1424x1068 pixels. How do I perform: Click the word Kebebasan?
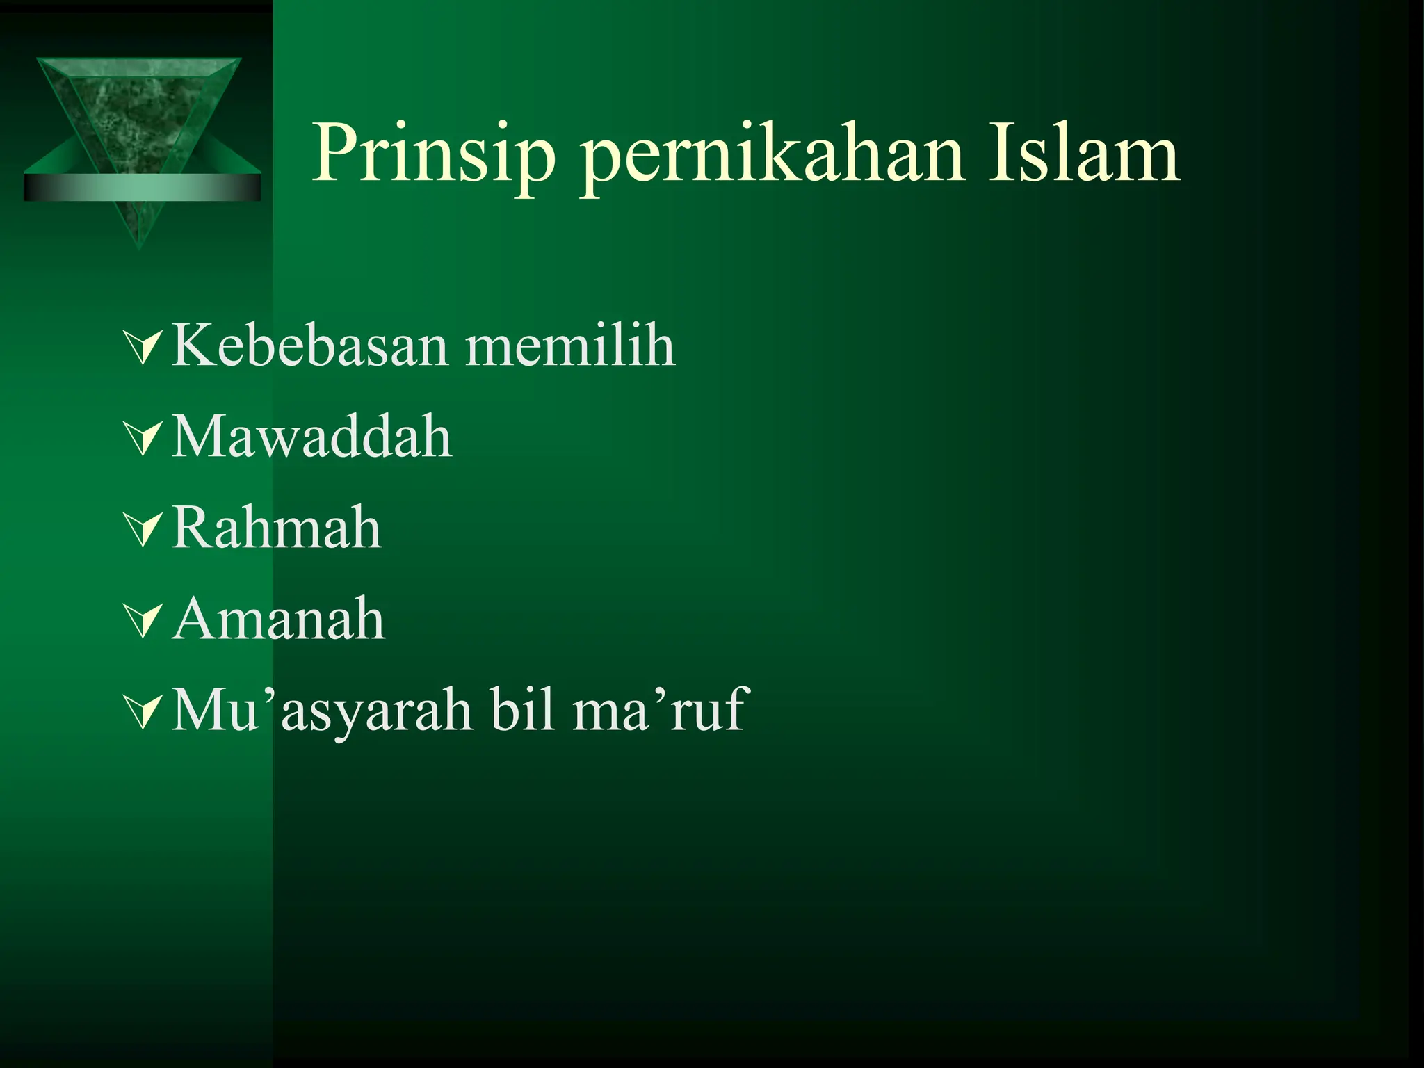[309, 346]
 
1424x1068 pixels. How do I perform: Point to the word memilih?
[570, 346]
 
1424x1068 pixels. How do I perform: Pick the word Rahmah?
[277, 528]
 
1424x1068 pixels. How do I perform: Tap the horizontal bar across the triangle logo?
[142, 187]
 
